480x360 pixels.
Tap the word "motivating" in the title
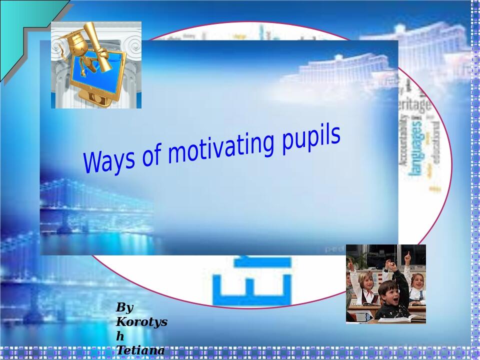(x=216, y=145)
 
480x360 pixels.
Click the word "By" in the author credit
(x=124, y=307)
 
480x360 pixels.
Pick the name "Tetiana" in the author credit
(x=140, y=350)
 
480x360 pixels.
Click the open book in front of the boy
(x=405, y=318)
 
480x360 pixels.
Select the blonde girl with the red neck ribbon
(x=367, y=285)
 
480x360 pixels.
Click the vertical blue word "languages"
(x=416, y=145)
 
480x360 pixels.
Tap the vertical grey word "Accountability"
(x=403, y=145)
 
